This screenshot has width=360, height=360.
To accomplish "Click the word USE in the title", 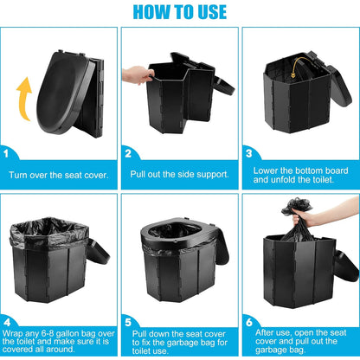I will [x=209, y=12].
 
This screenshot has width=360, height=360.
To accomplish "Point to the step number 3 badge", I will [x=247, y=153].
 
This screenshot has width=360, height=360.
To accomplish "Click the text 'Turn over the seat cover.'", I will [x=60, y=175].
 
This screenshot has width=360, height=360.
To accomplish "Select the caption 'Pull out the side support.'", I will [x=180, y=175].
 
